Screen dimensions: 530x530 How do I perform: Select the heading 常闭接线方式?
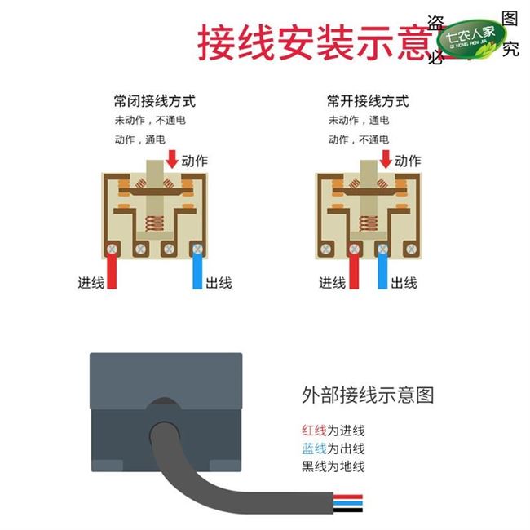coord(155,102)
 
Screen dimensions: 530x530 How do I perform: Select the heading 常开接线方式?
coord(368,102)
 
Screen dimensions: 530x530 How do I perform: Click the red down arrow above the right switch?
coord(383,155)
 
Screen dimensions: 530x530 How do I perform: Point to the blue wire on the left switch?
coord(197,272)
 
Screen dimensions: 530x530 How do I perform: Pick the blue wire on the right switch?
coord(381,272)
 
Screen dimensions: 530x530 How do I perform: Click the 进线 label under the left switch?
coord(91,283)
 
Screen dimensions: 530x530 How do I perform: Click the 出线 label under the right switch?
coord(404,283)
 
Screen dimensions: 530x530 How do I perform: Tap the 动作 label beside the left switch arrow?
coord(199,161)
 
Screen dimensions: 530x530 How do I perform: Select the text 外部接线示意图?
coord(368,396)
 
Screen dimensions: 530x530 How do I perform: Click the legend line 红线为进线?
coord(333,431)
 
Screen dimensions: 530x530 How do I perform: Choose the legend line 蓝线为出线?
coord(333,448)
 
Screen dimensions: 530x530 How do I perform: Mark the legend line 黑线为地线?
coord(333,466)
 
